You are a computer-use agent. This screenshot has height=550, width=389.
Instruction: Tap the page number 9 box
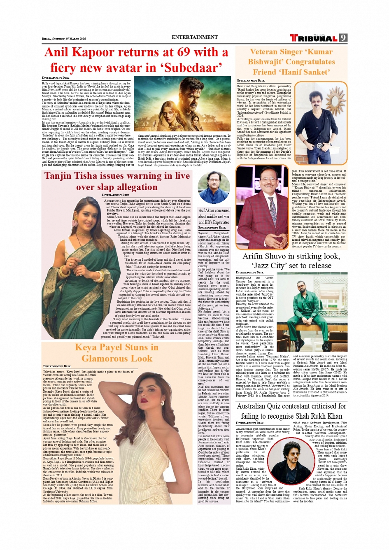click(x=343, y=38)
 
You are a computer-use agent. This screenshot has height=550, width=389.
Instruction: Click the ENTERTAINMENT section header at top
click(x=194, y=37)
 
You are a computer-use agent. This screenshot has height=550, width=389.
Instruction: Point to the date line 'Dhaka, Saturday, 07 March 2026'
click(x=64, y=39)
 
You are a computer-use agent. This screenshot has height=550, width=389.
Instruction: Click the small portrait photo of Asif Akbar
click(x=214, y=187)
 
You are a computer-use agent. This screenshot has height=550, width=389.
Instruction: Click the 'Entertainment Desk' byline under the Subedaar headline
click(x=56, y=77)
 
